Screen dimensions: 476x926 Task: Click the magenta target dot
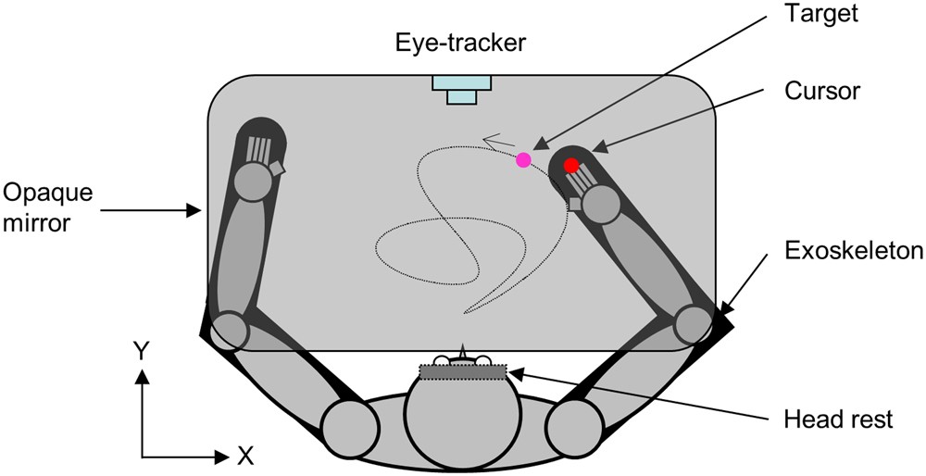523,159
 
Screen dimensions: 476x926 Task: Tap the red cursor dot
571,165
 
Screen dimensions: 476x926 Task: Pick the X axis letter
245,455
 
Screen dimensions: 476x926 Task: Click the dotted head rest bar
463,372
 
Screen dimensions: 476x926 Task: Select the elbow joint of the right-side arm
692,323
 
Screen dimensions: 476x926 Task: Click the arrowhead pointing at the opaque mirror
196,212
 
